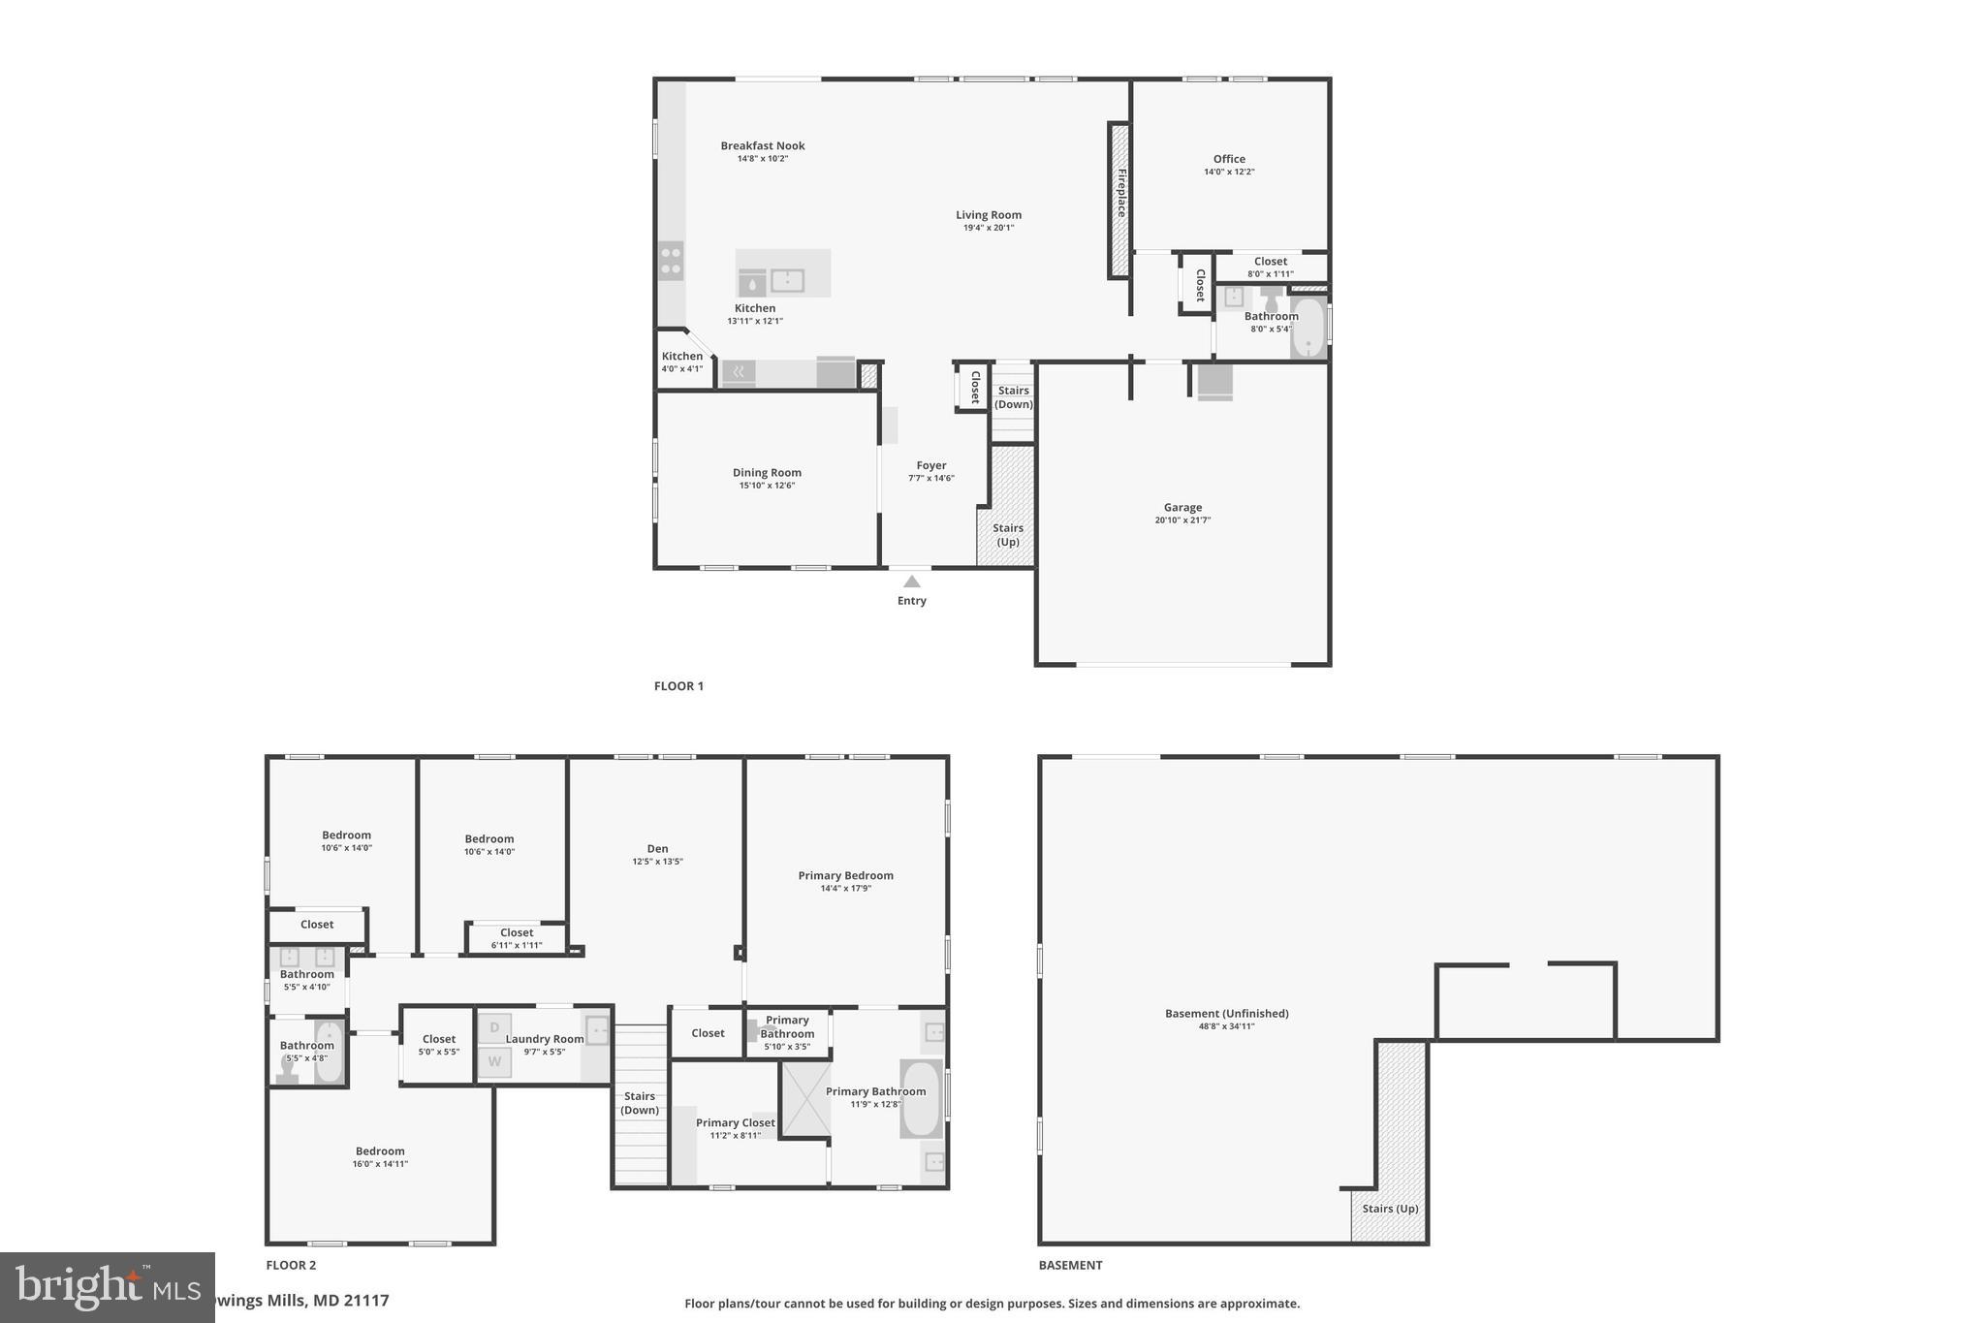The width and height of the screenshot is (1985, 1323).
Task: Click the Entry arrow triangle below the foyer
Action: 911,582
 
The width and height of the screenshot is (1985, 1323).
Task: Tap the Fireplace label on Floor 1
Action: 1121,193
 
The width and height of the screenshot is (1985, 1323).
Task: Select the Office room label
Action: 1229,159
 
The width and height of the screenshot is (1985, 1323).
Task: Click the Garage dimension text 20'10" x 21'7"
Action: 1182,520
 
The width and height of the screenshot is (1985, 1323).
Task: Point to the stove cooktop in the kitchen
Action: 671,261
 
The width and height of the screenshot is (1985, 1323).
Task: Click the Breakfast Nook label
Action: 763,146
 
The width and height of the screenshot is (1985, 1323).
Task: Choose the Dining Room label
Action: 767,473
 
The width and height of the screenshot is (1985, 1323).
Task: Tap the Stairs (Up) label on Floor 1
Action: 1008,535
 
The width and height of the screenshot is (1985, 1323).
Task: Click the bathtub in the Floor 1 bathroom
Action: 1308,328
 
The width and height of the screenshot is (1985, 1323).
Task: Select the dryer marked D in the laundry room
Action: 494,1027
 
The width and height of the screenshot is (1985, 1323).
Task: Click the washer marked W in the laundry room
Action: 494,1062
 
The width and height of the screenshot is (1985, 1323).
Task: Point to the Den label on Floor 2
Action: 657,849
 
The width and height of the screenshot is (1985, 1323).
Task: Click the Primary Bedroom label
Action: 845,875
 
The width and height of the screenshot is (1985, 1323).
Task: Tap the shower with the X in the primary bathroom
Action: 806,1099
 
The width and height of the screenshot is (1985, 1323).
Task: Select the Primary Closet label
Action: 735,1123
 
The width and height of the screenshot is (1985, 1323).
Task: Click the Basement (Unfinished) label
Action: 1226,1014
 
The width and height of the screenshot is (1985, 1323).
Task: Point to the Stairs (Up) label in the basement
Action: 1390,1209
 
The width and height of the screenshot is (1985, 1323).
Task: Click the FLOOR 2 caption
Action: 291,1265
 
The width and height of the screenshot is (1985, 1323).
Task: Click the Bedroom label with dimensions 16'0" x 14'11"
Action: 380,1151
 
